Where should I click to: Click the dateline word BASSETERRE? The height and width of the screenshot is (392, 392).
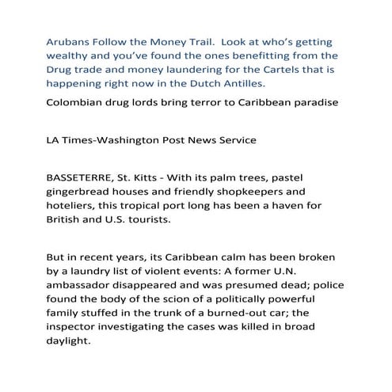tap(86, 180)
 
